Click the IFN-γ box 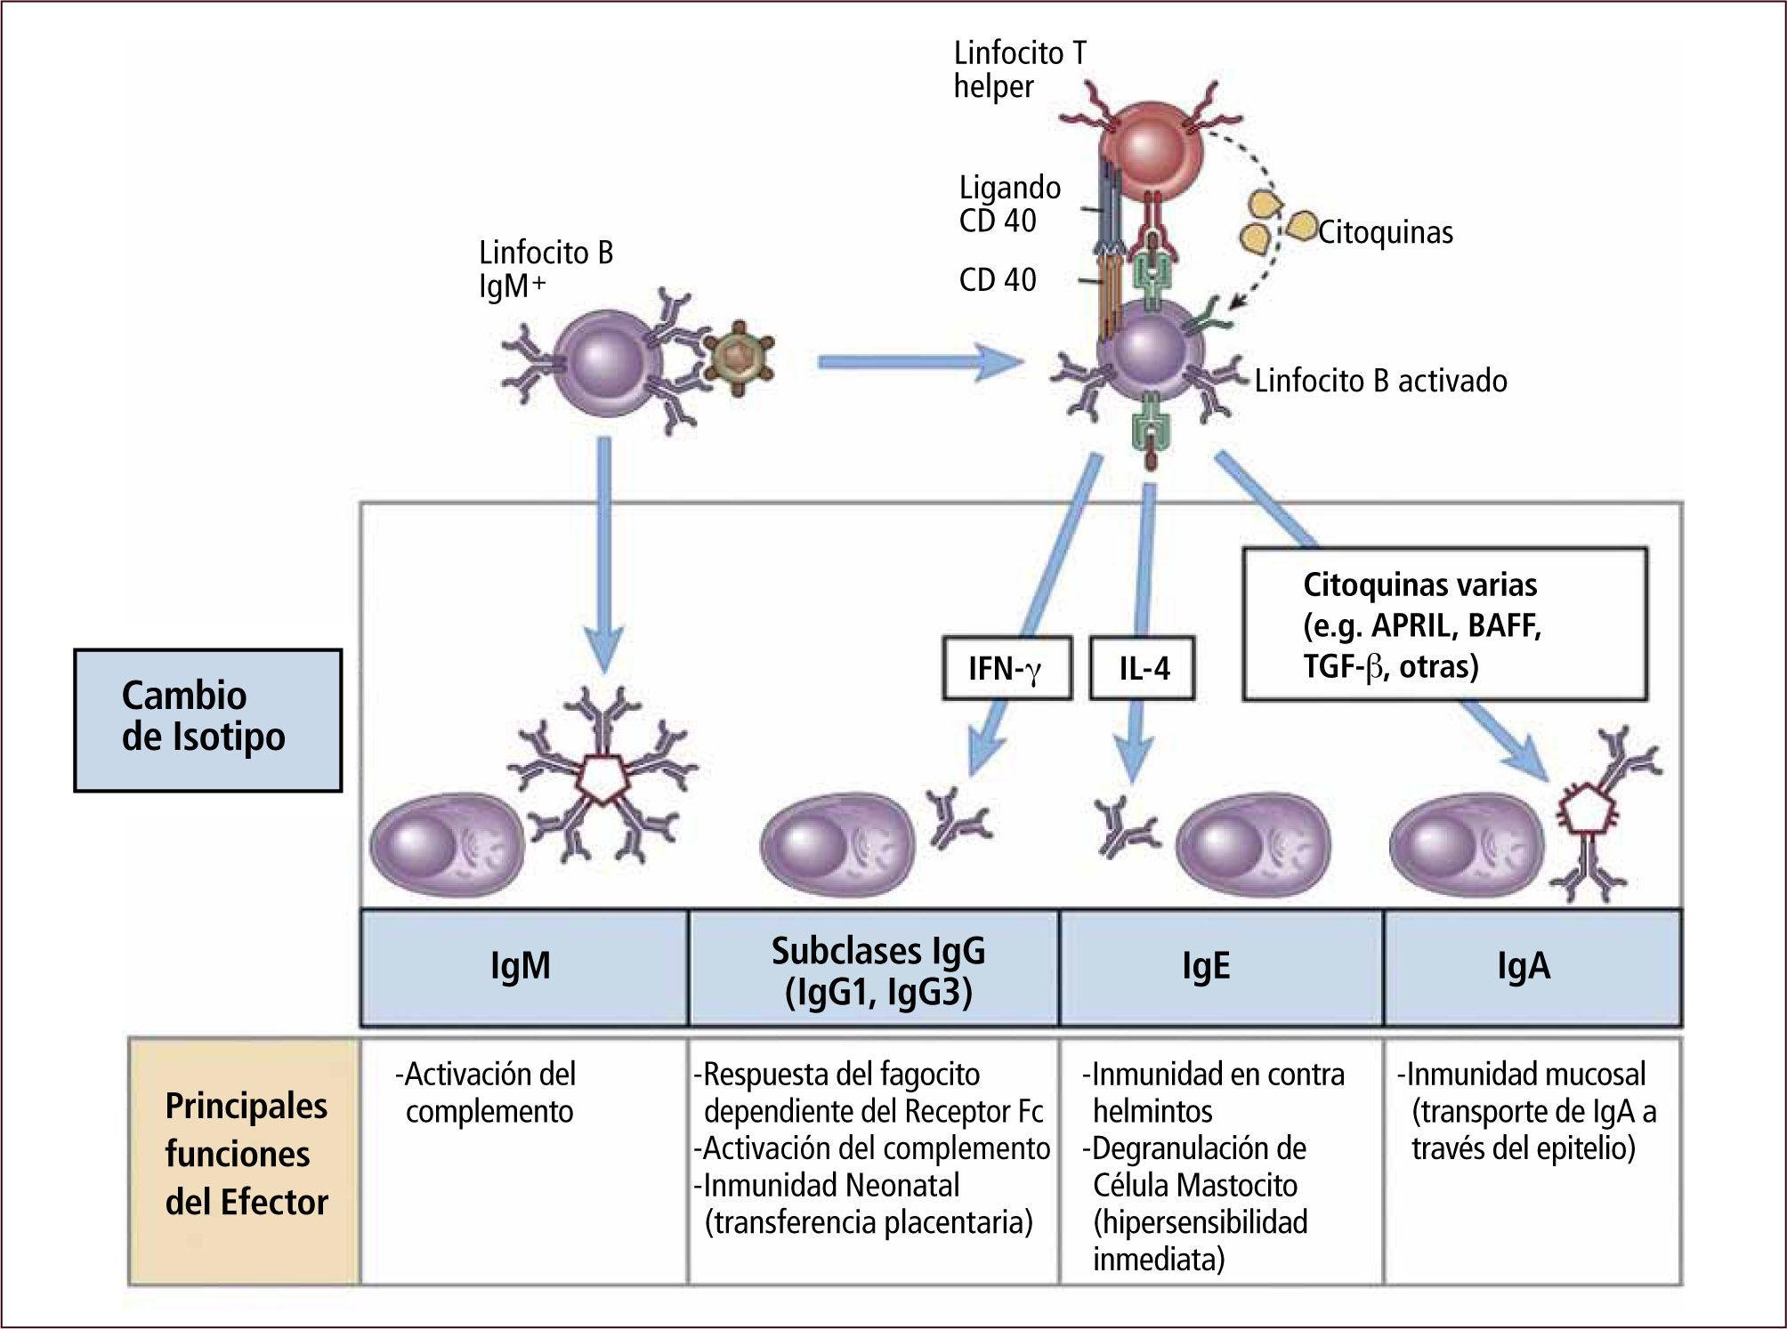click(1007, 667)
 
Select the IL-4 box click(1143, 667)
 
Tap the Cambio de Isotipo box click(207, 719)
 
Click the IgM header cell click(523, 967)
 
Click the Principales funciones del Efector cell click(246, 1154)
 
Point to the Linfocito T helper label click(1020, 69)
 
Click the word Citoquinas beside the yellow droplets click(1385, 232)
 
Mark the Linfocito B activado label click(1380, 381)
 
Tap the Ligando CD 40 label click(1010, 204)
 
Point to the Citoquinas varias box click(1444, 624)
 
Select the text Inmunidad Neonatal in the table click(831, 1185)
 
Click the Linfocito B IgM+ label click(546, 269)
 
